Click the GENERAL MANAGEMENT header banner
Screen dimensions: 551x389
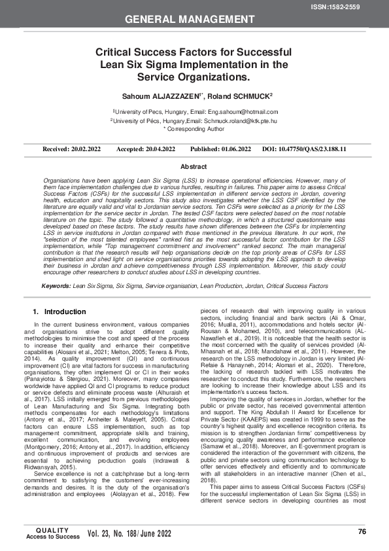click(194, 20)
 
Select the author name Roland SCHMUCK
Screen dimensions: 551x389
click(243, 96)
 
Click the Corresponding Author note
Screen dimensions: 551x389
click(195, 130)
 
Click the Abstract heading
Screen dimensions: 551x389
click(194, 168)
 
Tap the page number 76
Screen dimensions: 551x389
click(362, 530)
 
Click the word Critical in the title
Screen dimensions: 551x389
click(120, 52)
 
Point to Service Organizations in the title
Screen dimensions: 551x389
click(194, 77)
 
